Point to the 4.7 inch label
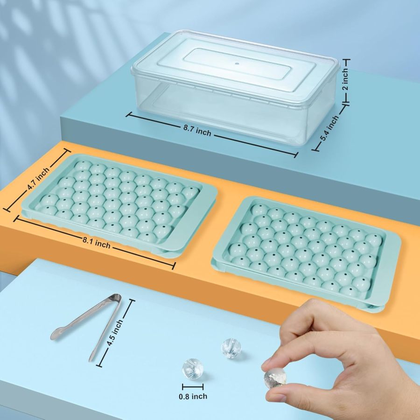pyautogui.click(x=38, y=178)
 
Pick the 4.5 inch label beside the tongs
pyautogui.click(x=115, y=331)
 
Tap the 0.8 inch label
pyautogui.click(x=193, y=396)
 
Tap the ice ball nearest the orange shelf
pyautogui.click(x=231, y=347)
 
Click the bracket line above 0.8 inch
pyautogui.click(x=193, y=386)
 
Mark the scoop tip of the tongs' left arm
pyautogui.click(x=57, y=334)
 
